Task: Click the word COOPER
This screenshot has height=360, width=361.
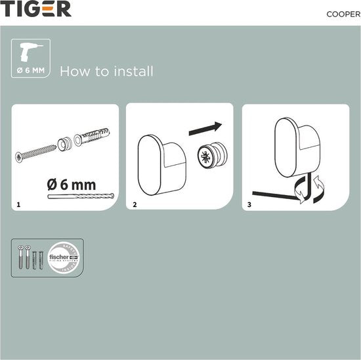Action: [342, 13]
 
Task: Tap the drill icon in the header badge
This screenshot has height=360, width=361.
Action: [30, 53]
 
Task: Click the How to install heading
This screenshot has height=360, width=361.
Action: [107, 71]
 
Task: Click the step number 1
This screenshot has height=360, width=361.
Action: [19, 205]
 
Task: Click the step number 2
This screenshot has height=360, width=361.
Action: [135, 205]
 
